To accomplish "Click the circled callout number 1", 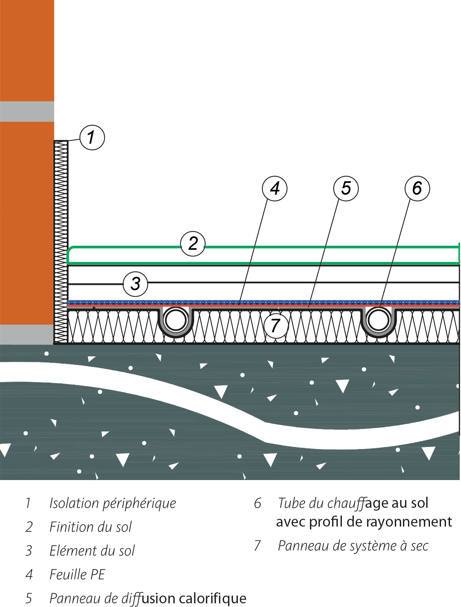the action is click(92, 137).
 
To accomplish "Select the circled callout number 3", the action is click(135, 283).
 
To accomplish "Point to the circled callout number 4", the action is click(275, 188).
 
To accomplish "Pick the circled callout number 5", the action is click(346, 188).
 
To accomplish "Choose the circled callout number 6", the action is click(417, 188).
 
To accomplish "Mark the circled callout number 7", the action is click(275, 325).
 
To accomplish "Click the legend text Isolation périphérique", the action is click(113, 503).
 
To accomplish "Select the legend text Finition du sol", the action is click(91, 527).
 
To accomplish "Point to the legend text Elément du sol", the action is click(92, 551).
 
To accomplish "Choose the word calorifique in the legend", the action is click(212, 598).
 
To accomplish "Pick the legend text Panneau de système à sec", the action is click(353, 546).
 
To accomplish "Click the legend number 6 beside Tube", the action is click(257, 503).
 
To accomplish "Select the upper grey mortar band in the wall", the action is click(27, 111).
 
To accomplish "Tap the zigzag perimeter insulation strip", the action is click(61, 242).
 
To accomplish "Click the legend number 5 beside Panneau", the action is click(29, 598).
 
